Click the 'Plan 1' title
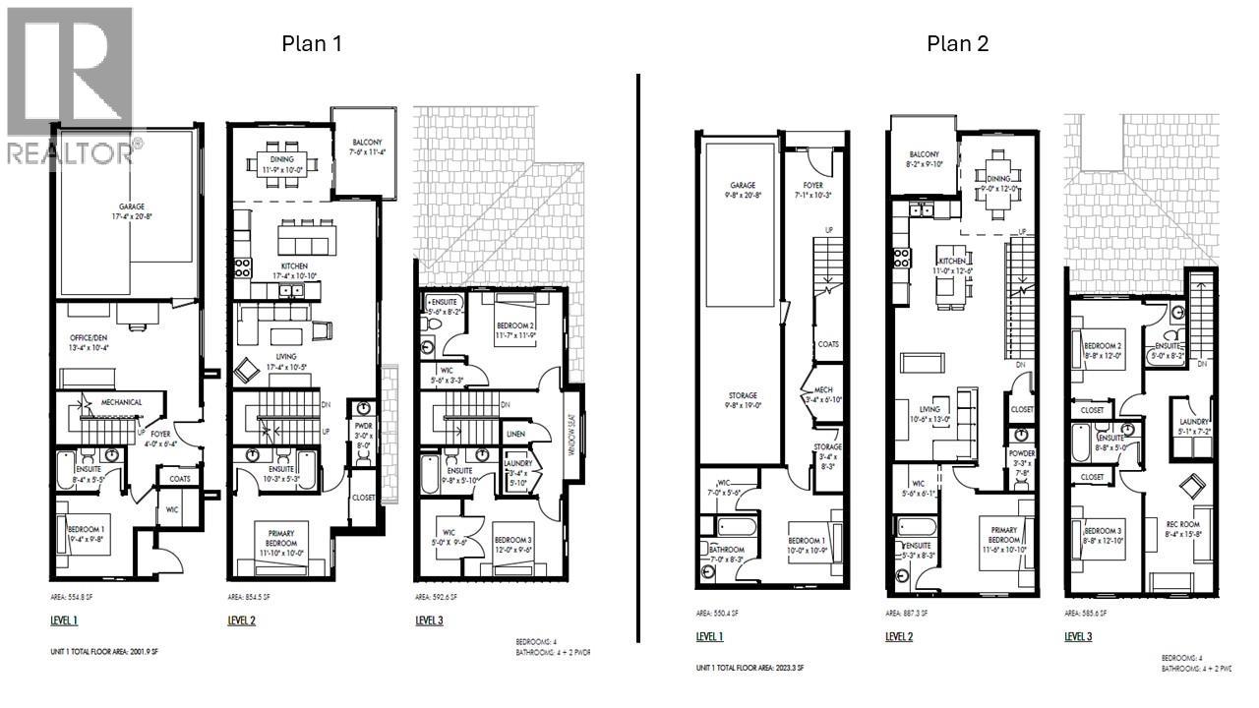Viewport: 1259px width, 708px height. [312, 43]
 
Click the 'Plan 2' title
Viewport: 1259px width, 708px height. [956, 43]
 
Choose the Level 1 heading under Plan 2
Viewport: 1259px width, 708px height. [710, 637]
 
